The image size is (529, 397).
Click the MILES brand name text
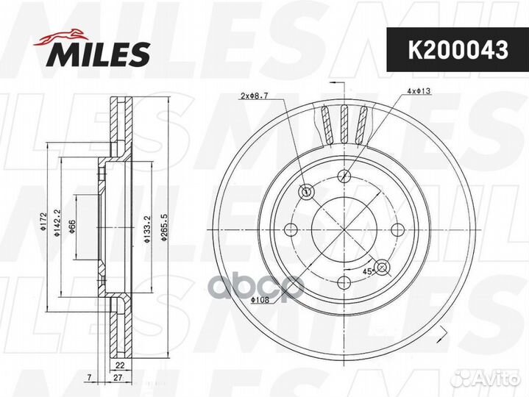click(x=100, y=53)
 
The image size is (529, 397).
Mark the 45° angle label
click(x=365, y=271)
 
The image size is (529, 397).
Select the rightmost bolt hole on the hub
click(x=399, y=229)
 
